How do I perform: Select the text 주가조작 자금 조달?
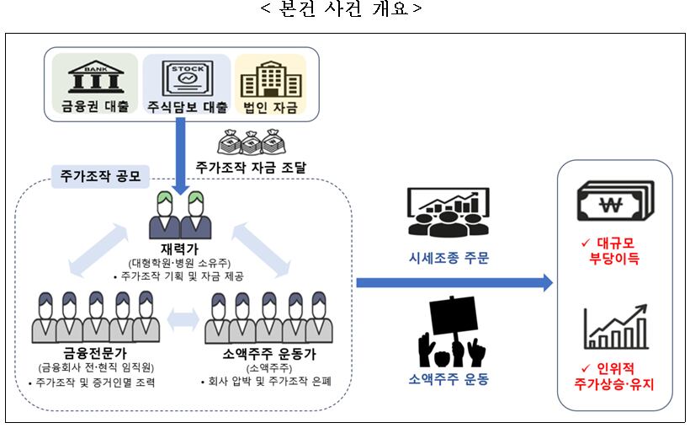pos(250,168)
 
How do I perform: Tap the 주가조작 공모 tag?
pos(100,177)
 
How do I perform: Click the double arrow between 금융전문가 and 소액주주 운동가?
pos(182,318)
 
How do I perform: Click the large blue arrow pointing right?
pos(454,283)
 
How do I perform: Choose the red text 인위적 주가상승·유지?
pos(613,377)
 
